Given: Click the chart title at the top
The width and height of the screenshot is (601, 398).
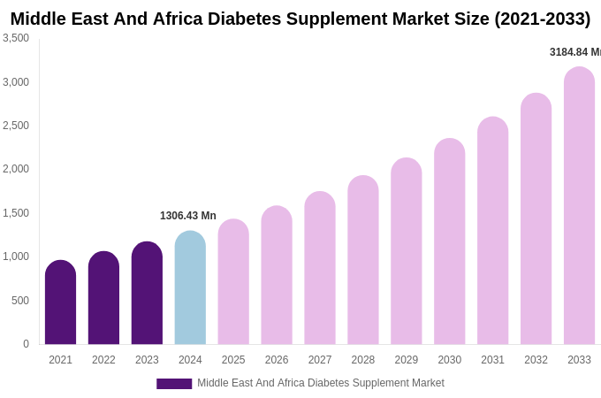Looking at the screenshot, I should [300, 19].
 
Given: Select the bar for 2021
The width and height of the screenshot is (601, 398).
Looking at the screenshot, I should [60, 302].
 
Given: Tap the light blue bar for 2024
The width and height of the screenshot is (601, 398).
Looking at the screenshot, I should [190, 287].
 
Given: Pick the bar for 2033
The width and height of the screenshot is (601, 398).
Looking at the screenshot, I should [579, 206].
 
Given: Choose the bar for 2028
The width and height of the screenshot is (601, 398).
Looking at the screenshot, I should [363, 260].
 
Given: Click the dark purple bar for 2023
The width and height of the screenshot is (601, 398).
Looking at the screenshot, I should [147, 293].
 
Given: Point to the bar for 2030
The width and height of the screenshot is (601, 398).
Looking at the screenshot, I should [449, 241].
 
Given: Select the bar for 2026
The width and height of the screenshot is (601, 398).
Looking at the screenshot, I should [277, 275].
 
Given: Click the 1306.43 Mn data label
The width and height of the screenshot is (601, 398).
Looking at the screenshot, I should [187, 216].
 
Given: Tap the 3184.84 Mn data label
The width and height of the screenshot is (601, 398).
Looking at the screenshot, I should [574, 52].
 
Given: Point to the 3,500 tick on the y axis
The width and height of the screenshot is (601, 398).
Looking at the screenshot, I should [16, 38].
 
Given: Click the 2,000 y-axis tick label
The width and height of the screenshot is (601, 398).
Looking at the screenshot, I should [16, 169].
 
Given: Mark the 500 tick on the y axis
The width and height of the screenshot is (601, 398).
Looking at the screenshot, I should [19, 301].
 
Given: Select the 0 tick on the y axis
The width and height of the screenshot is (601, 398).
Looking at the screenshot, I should [26, 344].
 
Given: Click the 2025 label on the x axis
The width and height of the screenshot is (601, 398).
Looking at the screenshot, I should [233, 360].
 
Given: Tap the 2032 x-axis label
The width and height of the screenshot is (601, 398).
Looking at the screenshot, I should [536, 360].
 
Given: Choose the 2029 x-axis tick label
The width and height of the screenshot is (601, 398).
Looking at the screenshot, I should [407, 360].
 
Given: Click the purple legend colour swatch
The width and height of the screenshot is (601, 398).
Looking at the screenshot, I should [174, 384].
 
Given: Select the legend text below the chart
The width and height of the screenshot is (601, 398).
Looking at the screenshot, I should [320, 383].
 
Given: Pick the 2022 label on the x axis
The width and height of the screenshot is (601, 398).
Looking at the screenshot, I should [103, 360].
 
